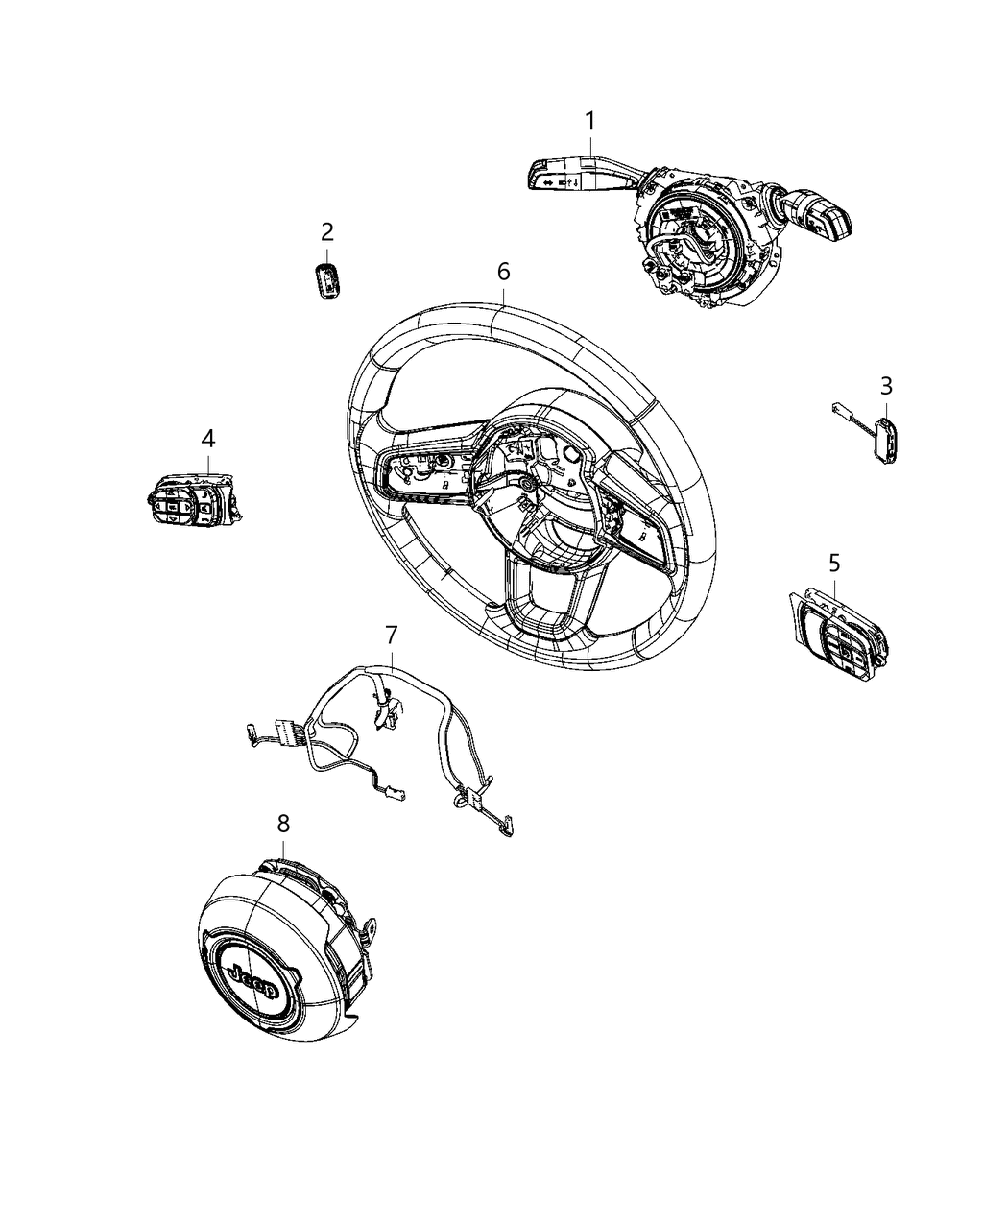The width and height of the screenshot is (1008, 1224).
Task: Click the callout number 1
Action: tap(590, 122)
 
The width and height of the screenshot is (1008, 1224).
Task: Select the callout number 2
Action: tap(327, 231)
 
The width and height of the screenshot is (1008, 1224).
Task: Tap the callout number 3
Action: tap(886, 386)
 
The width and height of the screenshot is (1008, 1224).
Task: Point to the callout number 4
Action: tap(208, 439)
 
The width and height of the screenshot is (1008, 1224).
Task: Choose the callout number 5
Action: tap(833, 562)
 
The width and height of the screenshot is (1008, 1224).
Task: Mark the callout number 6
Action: tap(503, 272)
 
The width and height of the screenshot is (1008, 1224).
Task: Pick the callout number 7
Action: tap(391, 635)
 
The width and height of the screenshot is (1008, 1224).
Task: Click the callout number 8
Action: tap(283, 824)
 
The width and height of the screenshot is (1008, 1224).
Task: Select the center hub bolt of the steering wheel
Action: tap(528, 487)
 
